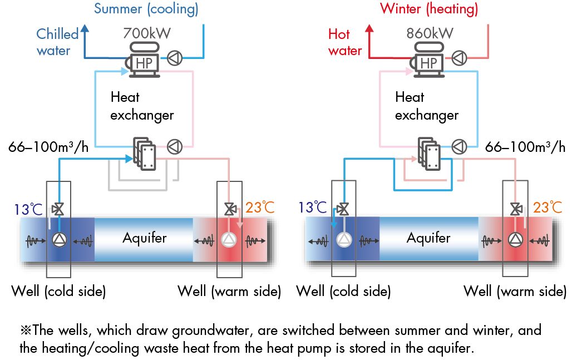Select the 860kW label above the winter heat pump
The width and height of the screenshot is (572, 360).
tap(430, 33)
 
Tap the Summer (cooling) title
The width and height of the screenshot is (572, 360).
tap(146, 9)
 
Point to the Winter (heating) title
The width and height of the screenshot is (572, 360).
tap(429, 9)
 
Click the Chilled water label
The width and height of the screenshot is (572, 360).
tap(57, 42)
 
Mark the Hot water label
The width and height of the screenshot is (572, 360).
tap(345, 42)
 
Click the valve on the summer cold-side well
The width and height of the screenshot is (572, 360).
tap(58, 209)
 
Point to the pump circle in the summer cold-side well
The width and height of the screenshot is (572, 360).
tap(58, 240)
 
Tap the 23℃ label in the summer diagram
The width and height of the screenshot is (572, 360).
tap(260, 208)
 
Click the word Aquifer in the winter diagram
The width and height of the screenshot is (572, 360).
tap(428, 238)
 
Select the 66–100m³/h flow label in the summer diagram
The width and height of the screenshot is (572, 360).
tap(49, 147)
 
